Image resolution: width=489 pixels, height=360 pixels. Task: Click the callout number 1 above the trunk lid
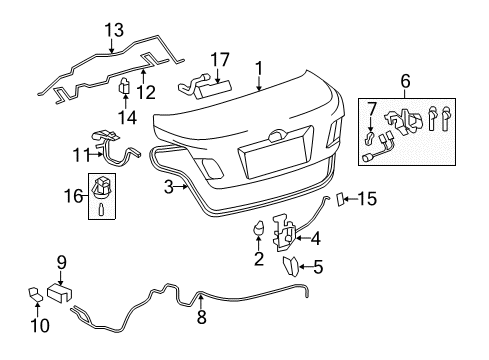259,68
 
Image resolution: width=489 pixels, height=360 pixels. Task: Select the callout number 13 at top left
113,29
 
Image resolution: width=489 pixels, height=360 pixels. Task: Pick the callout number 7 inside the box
372,108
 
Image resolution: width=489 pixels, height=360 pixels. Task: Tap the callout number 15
369,199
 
